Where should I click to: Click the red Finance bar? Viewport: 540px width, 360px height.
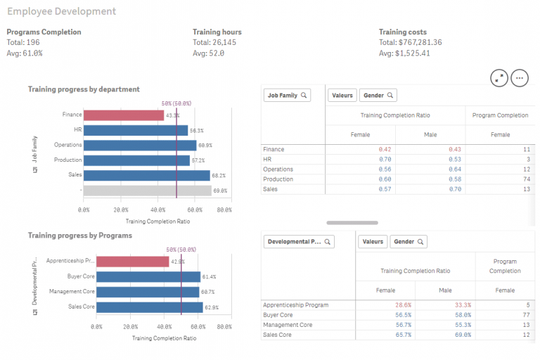click(124, 115)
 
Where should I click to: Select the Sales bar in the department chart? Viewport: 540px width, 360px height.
click(147, 175)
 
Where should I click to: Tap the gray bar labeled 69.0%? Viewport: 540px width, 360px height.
click(148, 190)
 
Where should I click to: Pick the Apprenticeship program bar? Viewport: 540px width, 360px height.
click(133, 262)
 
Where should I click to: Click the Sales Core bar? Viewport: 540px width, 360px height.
click(149, 307)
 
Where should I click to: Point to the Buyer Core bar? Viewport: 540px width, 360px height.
click(148, 277)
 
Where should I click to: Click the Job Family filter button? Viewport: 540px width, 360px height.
click(287, 95)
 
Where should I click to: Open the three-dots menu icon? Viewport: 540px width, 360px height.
click(520, 78)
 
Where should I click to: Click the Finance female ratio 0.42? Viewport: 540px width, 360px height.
click(384, 150)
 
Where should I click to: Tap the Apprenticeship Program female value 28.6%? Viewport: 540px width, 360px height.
click(403, 305)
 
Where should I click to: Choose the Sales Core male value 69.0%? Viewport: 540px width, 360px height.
click(461, 335)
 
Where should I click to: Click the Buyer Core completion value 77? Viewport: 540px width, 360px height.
click(525, 315)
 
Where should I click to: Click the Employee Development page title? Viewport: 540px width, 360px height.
click(61, 12)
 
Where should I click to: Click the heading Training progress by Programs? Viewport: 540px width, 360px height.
click(79, 236)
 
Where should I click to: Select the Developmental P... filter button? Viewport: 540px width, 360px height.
click(298, 241)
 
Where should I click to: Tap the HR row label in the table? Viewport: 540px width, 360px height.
click(267, 160)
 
